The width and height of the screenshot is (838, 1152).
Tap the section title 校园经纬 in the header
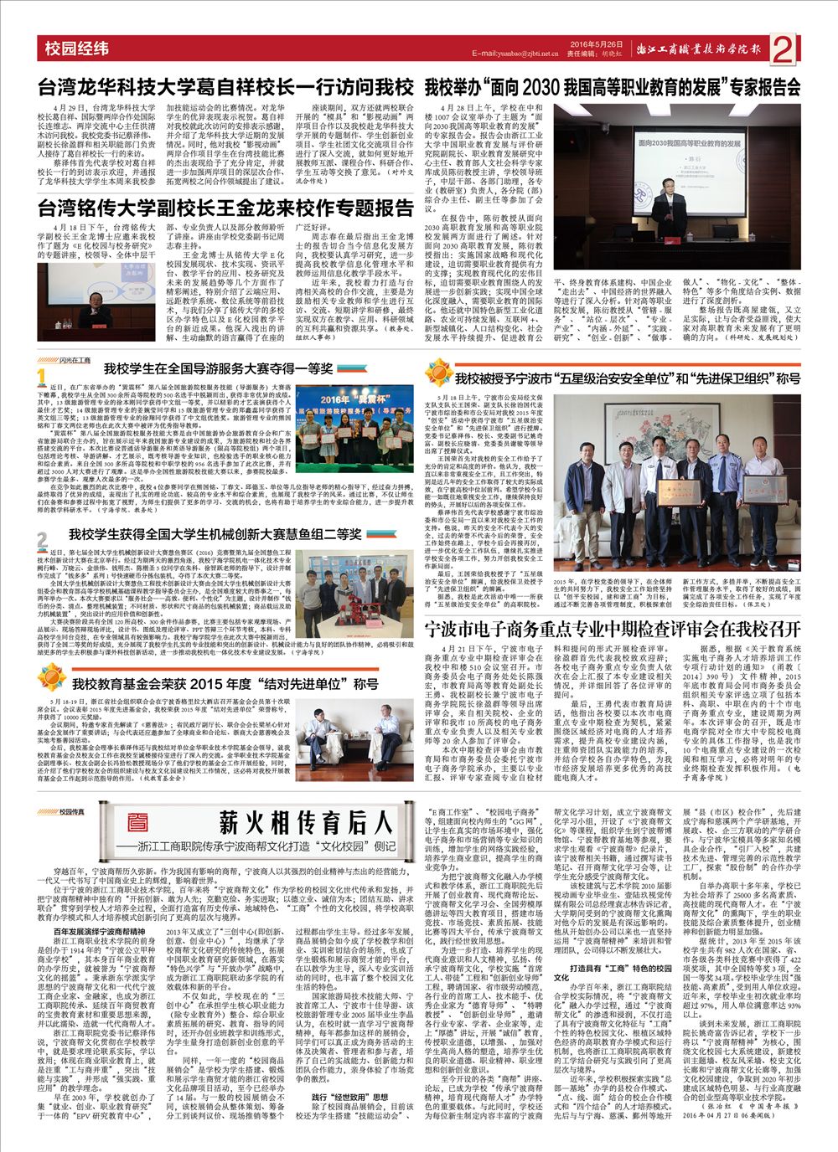tap(77, 49)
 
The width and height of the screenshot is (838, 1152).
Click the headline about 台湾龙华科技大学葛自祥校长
tap(227, 87)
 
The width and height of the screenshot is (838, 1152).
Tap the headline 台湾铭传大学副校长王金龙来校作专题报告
tap(227, 208)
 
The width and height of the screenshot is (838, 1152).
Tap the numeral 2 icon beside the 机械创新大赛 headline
tap(41, 537)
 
